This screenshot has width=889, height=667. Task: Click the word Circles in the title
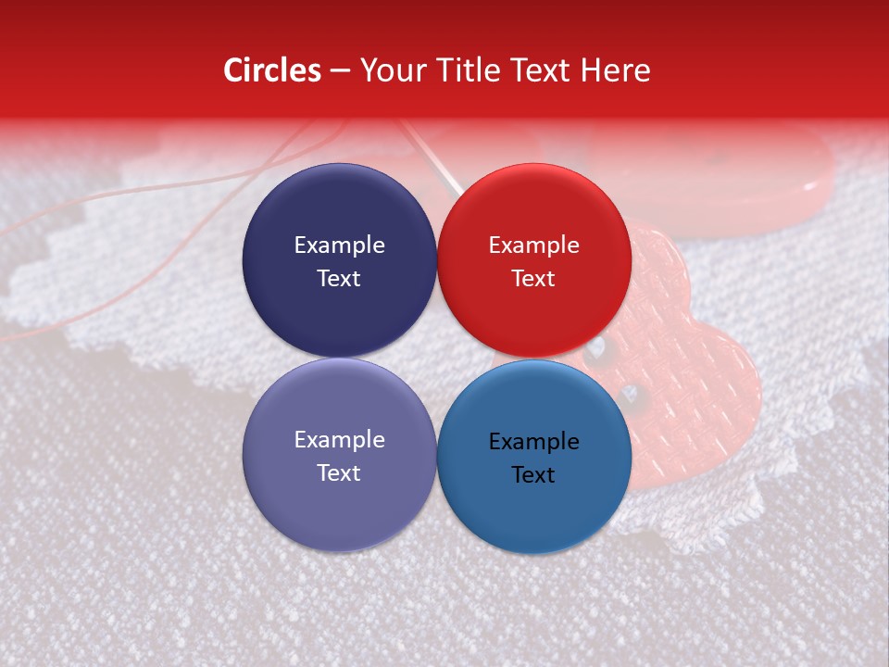[x=271, y=70]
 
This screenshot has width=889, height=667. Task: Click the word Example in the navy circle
[x=339, y=245]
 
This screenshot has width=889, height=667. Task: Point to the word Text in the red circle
[x=533, y=279]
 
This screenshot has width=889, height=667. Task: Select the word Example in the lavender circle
[x=339, y=440]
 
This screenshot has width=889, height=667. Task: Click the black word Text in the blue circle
[x=533, y=475]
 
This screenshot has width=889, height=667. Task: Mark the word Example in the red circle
[x=533, y=245]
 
